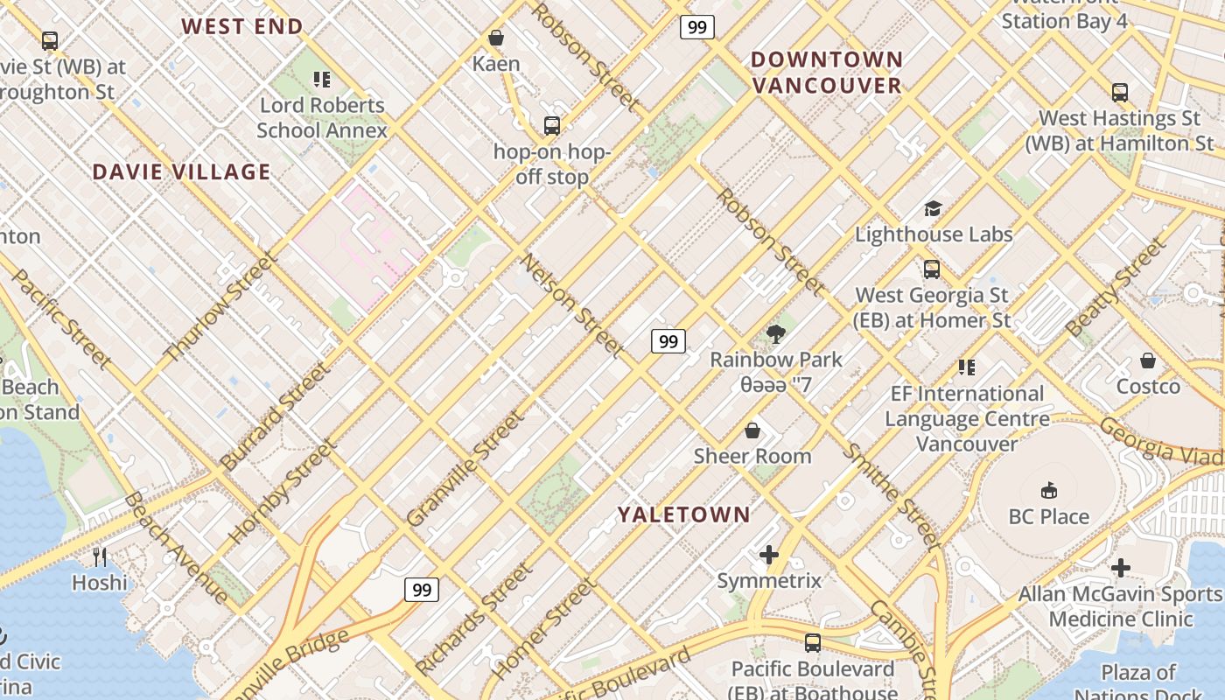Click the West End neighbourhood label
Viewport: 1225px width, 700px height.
(242, 26)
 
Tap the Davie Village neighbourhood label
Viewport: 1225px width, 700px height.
(181, 171)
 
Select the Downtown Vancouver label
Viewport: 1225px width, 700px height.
(827, 73)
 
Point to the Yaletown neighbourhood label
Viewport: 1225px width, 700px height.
(684, 514)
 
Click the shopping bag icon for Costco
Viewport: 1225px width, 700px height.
(1148, 360)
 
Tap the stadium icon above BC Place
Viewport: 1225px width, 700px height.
(1048, 490)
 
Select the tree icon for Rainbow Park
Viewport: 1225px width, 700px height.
(775, 333)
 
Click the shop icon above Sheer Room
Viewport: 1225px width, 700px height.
(752, 430)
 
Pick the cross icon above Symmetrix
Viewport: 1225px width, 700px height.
(769, 555)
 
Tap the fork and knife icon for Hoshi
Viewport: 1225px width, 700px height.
(100, 556)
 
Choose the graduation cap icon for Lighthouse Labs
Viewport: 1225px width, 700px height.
(933, 209)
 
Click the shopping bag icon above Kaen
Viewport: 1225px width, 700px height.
(496, 38)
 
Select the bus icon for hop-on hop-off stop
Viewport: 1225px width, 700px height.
(552, 126)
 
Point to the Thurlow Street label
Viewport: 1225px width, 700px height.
(220, 306)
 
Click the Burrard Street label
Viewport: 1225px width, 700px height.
(275, 416)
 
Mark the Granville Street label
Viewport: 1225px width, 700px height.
(465, 469)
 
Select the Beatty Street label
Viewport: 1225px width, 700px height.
(1116, 287)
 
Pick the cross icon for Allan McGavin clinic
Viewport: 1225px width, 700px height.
(1120, 569)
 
